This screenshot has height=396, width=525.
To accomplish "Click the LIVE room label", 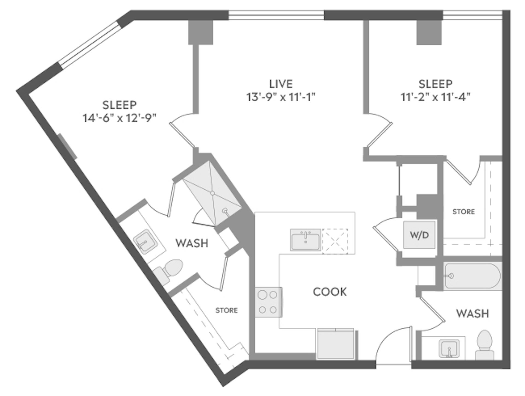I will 281,84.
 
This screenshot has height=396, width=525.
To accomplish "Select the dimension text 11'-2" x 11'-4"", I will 435,97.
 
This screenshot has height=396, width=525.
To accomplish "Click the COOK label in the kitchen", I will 330,292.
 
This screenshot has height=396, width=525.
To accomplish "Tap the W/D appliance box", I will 419,235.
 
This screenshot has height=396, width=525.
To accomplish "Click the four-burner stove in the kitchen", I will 268,302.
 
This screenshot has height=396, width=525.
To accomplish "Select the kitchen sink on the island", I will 305,240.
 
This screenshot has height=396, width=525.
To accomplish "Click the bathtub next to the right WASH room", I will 472,276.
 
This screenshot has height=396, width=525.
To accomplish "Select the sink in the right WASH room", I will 449,349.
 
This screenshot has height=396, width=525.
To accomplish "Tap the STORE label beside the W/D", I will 463,212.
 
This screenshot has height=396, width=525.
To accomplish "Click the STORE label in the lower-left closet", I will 226,310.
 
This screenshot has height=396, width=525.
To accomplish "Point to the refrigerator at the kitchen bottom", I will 336,344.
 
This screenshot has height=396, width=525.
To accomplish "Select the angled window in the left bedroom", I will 90,44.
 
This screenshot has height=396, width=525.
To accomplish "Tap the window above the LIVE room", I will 276,15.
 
